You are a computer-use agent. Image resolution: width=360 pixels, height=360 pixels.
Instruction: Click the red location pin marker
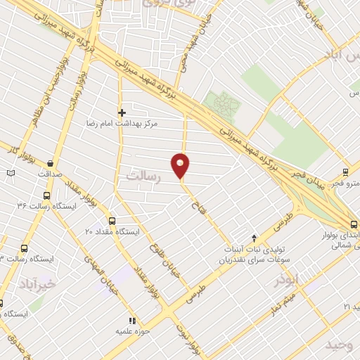pyautogui.click(x=181, y=166)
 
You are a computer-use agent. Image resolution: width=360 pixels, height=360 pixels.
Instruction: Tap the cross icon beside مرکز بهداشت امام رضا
pyautogui.click(x=122, y=112)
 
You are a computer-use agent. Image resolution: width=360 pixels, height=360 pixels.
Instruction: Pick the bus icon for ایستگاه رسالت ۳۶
pyautogui.click(x=46, y=196)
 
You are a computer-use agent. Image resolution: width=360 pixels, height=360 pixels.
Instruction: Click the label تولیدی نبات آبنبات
pyautogui.click(x=254, y=250)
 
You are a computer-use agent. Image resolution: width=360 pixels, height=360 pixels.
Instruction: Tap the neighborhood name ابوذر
pyautogui.click(x=287, y=279)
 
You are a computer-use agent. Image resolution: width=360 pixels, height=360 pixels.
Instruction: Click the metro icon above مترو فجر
pyautogui.click(x=345, y=172)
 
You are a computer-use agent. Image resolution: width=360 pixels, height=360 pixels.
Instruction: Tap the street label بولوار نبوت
pyautogui.click(x=194, y=338)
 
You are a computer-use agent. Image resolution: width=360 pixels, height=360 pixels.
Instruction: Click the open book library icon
pyautogui.click(x=10, y=172)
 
